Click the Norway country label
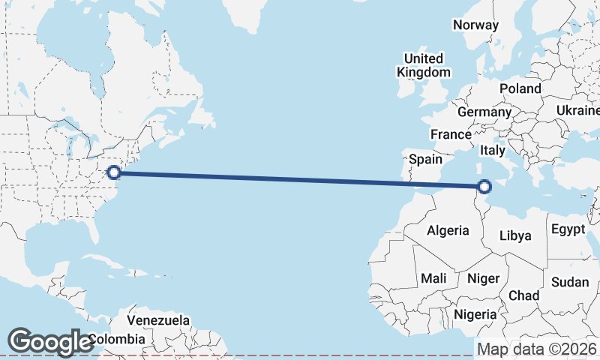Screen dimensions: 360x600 click(475, 25)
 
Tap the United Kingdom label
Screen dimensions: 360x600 click(424, 65)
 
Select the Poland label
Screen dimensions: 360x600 click(520, 88)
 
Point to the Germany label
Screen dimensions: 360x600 click(484, 112)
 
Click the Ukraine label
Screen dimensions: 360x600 click(577, 110)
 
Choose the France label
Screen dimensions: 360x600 click(450, 134)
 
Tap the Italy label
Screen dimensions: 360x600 click(493, 151)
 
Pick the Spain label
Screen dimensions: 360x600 click(425, 159)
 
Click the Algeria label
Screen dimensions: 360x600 click(448, 231)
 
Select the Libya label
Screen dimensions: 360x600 click(515, 235)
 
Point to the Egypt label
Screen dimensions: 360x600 click(567, 229)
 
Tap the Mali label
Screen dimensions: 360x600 click(433, 278)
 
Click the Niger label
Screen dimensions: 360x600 click(483, 278)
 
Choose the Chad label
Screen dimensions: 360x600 click(523, 295)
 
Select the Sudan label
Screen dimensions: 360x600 click(570, 282)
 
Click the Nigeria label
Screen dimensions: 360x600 click(475, 313)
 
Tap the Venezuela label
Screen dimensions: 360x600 click(157, 320)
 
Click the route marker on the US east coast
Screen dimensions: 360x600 click(114, 172)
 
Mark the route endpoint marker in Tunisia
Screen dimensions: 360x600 click(484, 186)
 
